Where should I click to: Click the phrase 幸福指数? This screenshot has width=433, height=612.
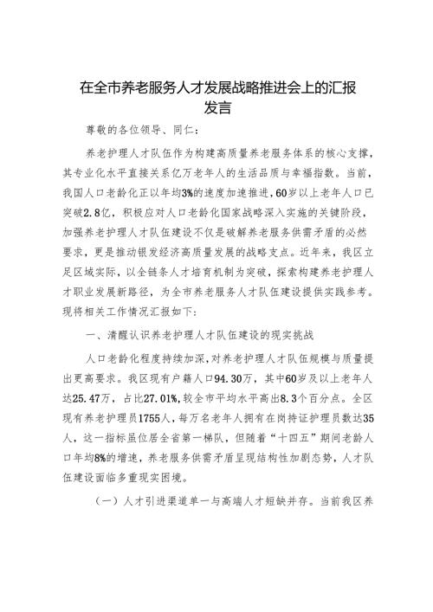pos(312,171)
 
